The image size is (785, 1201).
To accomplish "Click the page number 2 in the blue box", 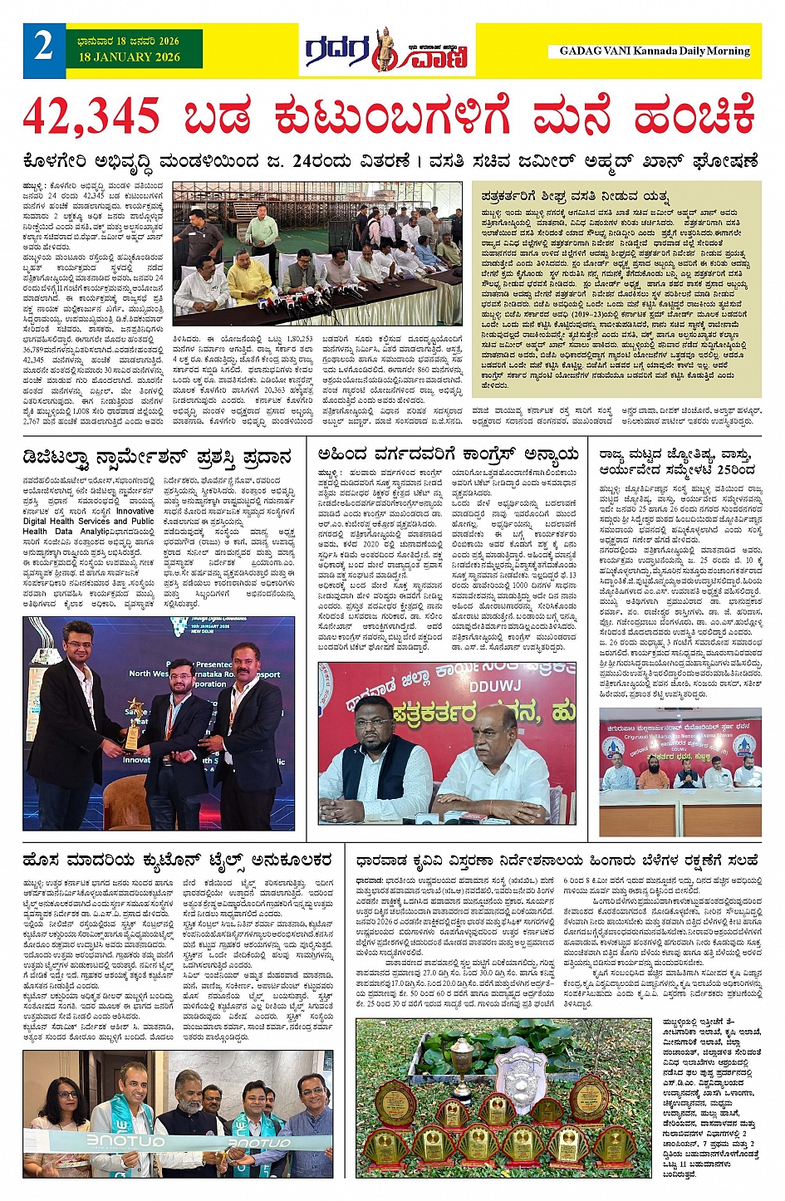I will [x=43, y=47].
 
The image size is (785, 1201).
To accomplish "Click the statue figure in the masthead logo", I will [x=383, y=50].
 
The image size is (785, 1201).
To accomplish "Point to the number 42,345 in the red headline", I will [x=91, y=115].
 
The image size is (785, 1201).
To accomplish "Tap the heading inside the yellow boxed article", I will [x=575, y=196].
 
